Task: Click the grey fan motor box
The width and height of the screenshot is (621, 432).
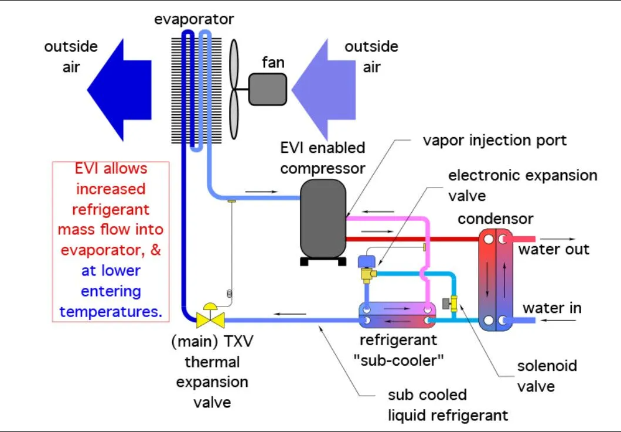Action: [267, 89]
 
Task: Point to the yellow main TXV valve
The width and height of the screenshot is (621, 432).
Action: [207, 317]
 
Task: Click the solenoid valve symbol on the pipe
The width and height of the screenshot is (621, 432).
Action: [452, 303]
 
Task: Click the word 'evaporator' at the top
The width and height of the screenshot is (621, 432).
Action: [194, 19]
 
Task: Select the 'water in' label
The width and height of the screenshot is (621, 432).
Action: [552, 308]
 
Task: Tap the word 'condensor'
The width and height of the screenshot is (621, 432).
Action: [495, 219]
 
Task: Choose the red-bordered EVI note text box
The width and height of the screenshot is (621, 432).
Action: [111, 240]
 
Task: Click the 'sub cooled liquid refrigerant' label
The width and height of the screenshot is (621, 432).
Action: [448, 405]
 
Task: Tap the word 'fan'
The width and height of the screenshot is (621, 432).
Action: [272, 62]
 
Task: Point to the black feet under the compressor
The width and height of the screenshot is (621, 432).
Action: [322, 261]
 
